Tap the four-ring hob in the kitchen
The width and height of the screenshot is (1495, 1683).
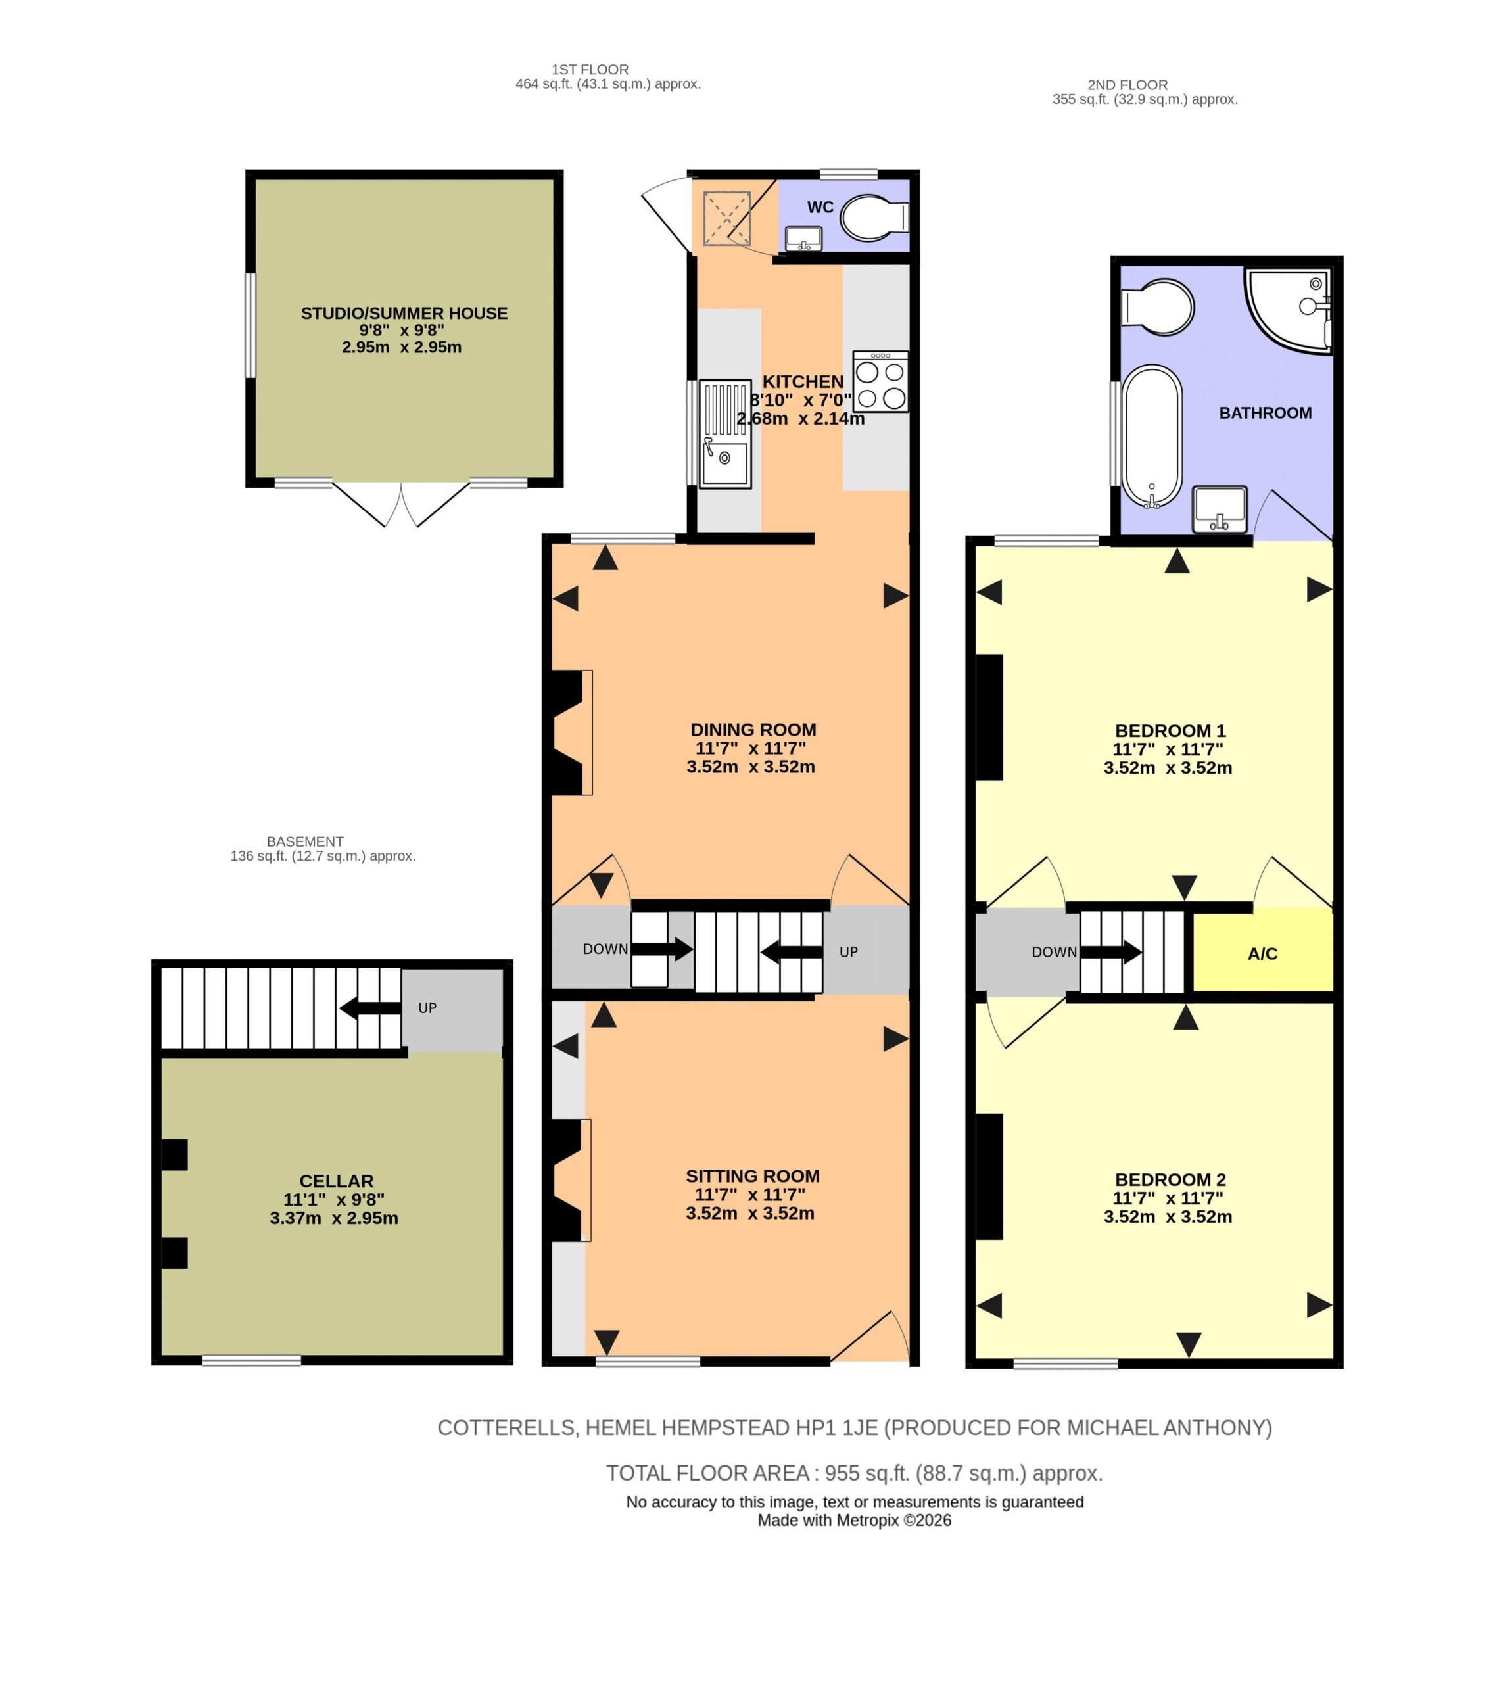881,381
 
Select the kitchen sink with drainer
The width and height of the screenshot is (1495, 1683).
725,434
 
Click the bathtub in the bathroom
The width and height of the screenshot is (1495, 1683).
1152,437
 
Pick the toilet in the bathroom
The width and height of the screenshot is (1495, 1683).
1158,307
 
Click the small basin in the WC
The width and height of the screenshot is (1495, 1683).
803,239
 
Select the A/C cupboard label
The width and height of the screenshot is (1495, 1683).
1262,953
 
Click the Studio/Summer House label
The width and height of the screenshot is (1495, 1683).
404,313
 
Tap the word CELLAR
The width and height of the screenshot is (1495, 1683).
337,1181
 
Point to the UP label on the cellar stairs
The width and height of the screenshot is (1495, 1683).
427,1008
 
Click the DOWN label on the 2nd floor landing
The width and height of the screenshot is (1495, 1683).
1055,952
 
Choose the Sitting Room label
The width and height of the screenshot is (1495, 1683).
753,1175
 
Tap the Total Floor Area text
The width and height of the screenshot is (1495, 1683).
855,1473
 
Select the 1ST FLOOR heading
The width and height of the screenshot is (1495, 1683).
590,70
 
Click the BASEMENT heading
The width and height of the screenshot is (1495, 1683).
304,841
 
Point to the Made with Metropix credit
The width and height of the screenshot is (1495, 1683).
855,1520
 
